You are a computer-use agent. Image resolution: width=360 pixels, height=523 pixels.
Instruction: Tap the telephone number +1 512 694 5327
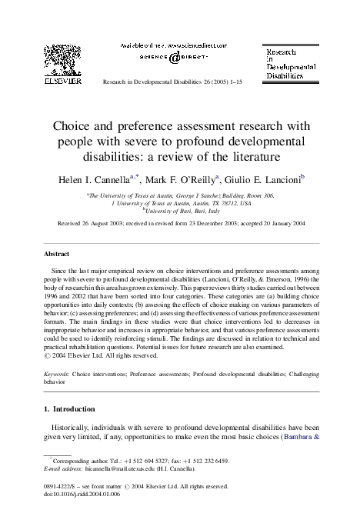(125, 459)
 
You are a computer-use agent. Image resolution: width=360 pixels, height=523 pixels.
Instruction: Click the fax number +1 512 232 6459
(202, 459)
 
